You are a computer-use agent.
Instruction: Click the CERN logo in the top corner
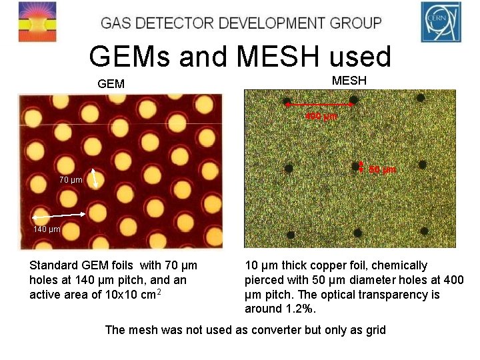pyautogui.click(x=441, y=22)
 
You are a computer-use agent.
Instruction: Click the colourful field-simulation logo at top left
pyautogui.click(x=38, y=22)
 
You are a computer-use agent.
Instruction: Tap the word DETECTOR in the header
pyautogui.click(x=175, y=23)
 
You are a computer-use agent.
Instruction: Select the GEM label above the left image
pyautogui.click(x=111, y=85)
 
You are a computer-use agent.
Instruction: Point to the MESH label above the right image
pyautogui.click(x=349, y=81)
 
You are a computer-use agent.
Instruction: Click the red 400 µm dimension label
pyautogui.click(x=321, y=117)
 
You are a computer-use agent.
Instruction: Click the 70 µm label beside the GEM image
pyautogui.click(x=71, y=179)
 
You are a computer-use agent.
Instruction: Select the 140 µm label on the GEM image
pyautogui.click(x=47, y=229)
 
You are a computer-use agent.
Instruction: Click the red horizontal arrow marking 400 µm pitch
pyautogui.click(x=321, y=105)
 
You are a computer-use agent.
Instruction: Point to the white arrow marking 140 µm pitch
pyautogui.click(x=58, y=215)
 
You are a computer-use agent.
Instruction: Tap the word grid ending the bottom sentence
pyautogui.click(x=375, y=329)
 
